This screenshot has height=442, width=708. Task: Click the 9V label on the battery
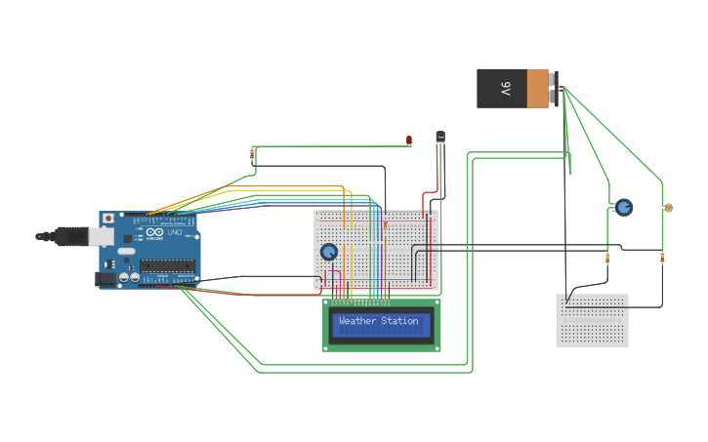pyautogui.click(x=506, y=89)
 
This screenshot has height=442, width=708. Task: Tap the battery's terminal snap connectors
pyautogui.click(x=555, y=89)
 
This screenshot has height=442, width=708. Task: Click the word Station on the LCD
pyautogui.click(x=399, y=321)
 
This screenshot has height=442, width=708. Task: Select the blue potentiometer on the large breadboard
pyautogui.click(x=330, y=252)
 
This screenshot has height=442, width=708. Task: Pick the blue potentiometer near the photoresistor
pyautogui.click(x=623, y=207)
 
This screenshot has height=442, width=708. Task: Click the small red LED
pyautogui.click(x=409, y=141)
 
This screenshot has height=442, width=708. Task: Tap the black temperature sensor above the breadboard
pyautogui.click(x=440, y=137)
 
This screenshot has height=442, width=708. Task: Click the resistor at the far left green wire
pyautogui.click(x=253, y=154)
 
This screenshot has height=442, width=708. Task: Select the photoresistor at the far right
pyautogui.click(x=668, y=207)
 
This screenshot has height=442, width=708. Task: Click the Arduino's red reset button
pyautogui.click(x=108, y=217)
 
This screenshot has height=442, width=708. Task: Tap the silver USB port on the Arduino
pyautogui.click(x=101, y=236)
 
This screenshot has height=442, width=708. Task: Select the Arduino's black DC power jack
pyautogui.click(x=104, y=279)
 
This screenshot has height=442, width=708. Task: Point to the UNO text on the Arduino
pyautogui.click(x=175, y=234)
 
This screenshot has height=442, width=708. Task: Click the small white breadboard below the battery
pyautogui.click(x=592, y=320)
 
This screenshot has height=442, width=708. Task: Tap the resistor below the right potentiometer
pyautogui.click(x=608, y=259)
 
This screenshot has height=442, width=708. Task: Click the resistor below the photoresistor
pyautogui.click(x=662, y=258)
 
